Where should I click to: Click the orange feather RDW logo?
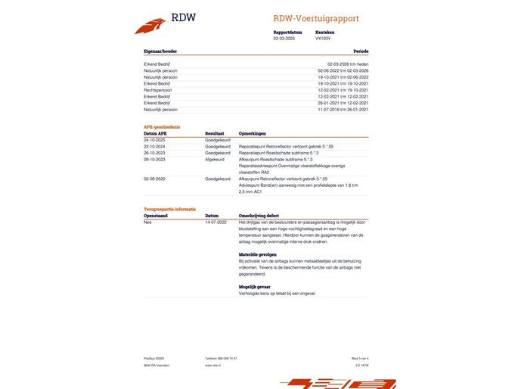[150, 26]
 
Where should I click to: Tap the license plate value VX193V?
[324, 38]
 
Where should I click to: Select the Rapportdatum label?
[287, 33]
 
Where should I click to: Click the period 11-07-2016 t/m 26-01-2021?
[343, 110]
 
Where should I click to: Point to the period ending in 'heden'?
[348, 64]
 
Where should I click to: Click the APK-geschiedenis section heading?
[162, 126]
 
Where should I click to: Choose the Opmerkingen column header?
[253, 133]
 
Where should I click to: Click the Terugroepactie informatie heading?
[169, 207]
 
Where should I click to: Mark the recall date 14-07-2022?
[216, 222]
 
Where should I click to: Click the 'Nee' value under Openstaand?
[147, 222]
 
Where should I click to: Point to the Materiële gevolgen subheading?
[258, 254]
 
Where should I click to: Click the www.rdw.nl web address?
[212, 365]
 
